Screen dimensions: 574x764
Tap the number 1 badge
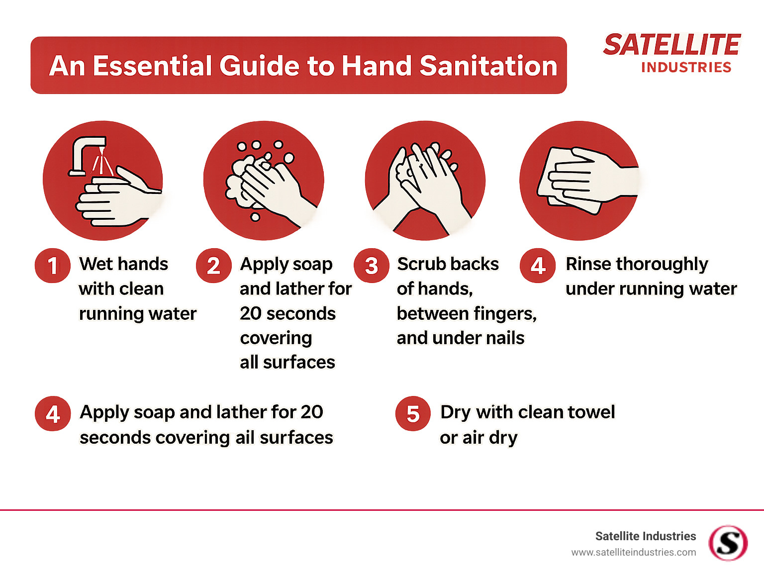(x=52, y=266)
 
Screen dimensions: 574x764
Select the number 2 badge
(x=213, y=266)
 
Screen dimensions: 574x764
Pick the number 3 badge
(x=372, y=266)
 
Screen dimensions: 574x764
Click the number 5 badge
(x=413, y=414)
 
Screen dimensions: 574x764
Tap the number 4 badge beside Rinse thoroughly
(x=538, y=266)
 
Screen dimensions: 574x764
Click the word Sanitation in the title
(x=488, y=66)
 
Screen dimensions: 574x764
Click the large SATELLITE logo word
(x=671, y=45)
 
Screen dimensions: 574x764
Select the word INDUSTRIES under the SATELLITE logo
(x=686, y=68)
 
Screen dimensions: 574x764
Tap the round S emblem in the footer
(x=728, y=543)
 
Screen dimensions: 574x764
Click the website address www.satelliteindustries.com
(x=633, y=552)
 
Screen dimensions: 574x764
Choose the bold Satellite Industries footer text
(x=645, y=536)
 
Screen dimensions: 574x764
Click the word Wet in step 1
(x=95, y=264)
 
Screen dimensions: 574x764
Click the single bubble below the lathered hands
(x=255, y=217)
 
